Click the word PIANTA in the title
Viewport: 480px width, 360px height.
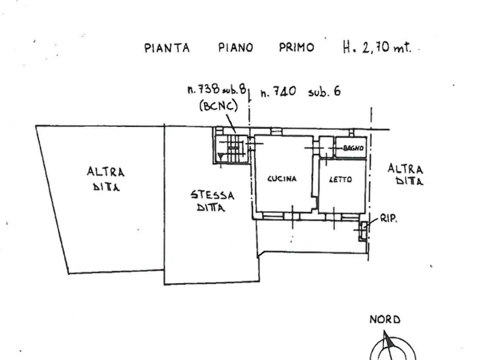click(x=167, y=48)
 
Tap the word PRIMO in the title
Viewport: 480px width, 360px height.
click(x=297, y=47)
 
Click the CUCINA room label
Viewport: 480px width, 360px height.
click(x=282, y=178)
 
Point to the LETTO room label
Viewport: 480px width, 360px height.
click(x=340, y=179)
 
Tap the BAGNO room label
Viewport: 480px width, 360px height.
click(x=353, y=148)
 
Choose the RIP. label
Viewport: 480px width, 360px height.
click(x=389, y=218)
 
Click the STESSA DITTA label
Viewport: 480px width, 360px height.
click(x=212, y=201)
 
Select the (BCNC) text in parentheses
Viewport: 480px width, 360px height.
click(x=219, y=106)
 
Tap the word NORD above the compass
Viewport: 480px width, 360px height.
click(x=385, y=320)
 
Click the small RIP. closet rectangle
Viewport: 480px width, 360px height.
click(x=363, y=231)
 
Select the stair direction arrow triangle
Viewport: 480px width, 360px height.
click(x=220, y=157)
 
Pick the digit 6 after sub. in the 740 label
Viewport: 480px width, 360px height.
click(x=337, y=91)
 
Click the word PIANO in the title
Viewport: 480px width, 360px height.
click(x=236, y=48)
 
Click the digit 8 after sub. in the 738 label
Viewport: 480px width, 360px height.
click(x=243, y=89)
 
